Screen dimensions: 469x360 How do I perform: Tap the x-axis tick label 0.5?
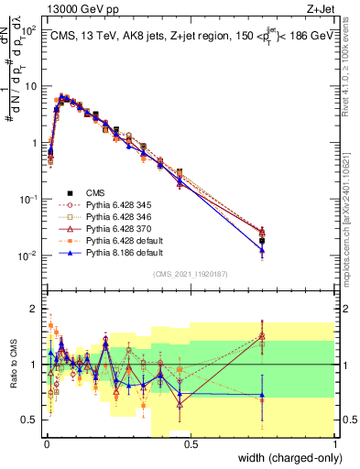190,443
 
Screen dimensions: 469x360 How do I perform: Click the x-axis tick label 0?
46,443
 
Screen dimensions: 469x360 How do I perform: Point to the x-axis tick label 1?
333,443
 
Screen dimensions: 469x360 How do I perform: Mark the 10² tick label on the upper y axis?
28,30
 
